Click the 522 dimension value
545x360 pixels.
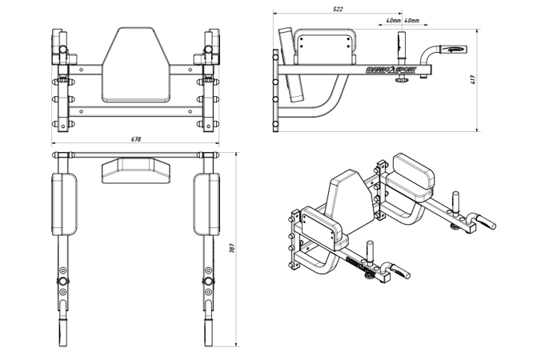(338, 9)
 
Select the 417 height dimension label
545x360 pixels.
(474, 79)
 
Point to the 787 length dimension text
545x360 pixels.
(232, 248)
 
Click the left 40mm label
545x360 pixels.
(392, 20)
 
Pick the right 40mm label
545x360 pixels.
(411, 20)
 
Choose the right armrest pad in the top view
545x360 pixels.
(206, 204)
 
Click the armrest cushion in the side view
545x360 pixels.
(325, 49)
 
